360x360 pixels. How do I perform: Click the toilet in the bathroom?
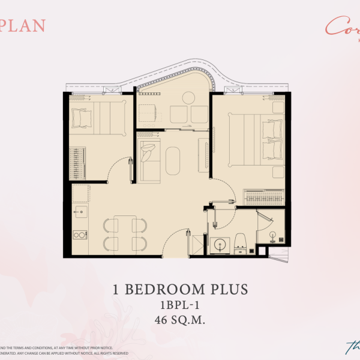click(240, 244)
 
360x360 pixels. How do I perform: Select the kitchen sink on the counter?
click(80, 211)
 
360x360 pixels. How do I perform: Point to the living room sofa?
click(148, 158)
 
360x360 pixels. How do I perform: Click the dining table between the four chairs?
click(125, 234)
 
